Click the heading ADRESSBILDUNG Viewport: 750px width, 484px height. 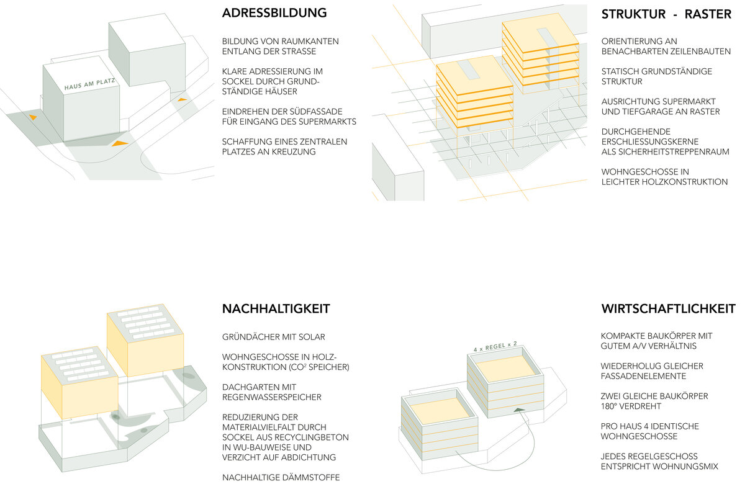point(274,13)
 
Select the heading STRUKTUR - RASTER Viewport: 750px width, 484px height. point(666,14)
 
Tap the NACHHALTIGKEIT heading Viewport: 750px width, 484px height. point(276,308)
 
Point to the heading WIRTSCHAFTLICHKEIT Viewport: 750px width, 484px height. point(668,308)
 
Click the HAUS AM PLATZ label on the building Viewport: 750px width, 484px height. point(90,84)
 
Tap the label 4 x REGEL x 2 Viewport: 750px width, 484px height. point(495,346)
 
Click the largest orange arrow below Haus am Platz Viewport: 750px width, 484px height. point(120,143)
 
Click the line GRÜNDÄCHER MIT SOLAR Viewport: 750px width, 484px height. point(274,337)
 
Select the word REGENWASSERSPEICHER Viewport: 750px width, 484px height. point(271,397)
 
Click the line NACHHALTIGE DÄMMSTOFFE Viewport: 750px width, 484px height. point(281,478)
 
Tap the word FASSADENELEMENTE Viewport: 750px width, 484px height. point(643,376)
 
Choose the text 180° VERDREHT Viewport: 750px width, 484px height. point(631,406)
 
